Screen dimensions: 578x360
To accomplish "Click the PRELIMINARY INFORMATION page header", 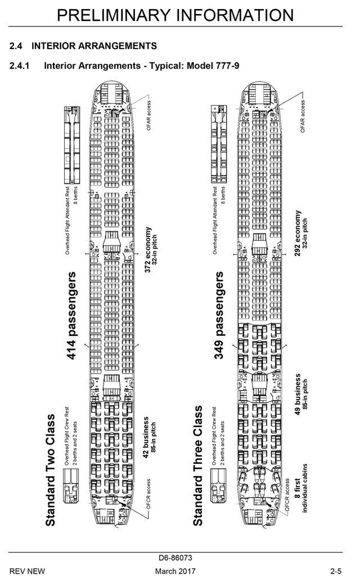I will point(175,14).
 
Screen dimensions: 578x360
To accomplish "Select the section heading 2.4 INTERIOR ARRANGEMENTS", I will point(83,45).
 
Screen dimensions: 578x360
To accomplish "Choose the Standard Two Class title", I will point(51,470).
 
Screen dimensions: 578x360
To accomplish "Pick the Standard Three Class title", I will point(198,470).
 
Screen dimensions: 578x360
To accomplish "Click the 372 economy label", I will point(148,249).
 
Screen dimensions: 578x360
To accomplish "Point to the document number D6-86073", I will point(175,558).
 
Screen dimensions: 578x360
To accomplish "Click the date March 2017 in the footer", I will point(175,571).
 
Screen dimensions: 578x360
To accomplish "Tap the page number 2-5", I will point(336,571).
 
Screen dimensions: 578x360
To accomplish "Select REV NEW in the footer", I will point(27,571).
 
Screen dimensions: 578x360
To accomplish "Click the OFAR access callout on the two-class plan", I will point(149,115).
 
